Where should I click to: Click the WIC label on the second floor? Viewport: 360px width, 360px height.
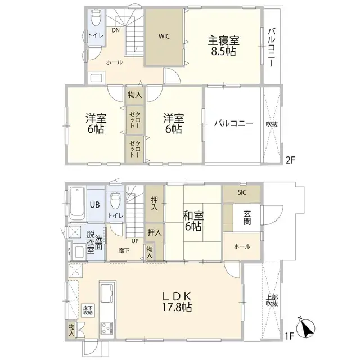pos(164,37)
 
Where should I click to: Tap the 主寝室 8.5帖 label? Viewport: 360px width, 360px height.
pos(223,46)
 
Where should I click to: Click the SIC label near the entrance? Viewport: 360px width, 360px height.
pos(241,192)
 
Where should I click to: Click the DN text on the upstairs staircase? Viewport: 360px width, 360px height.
pos(115,30)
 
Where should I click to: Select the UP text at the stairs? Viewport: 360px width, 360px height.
pos(135,241)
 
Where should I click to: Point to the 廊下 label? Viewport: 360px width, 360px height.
pos(124,251)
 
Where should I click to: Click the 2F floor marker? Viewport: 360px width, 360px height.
pos(290,160)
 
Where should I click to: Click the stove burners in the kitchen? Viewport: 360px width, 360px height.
pos(106,328)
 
